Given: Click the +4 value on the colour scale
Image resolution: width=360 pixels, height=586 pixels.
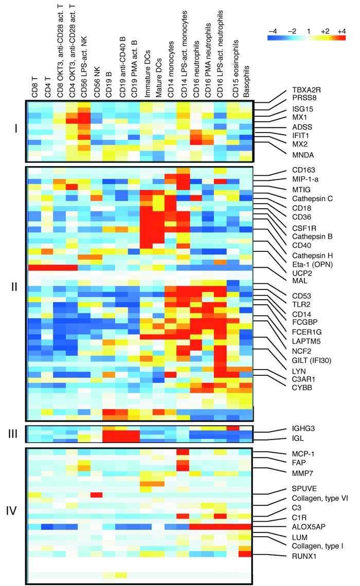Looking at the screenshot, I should click(x=341, y=31).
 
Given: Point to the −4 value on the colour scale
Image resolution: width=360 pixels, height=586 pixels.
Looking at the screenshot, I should click(x=273, y=31).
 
